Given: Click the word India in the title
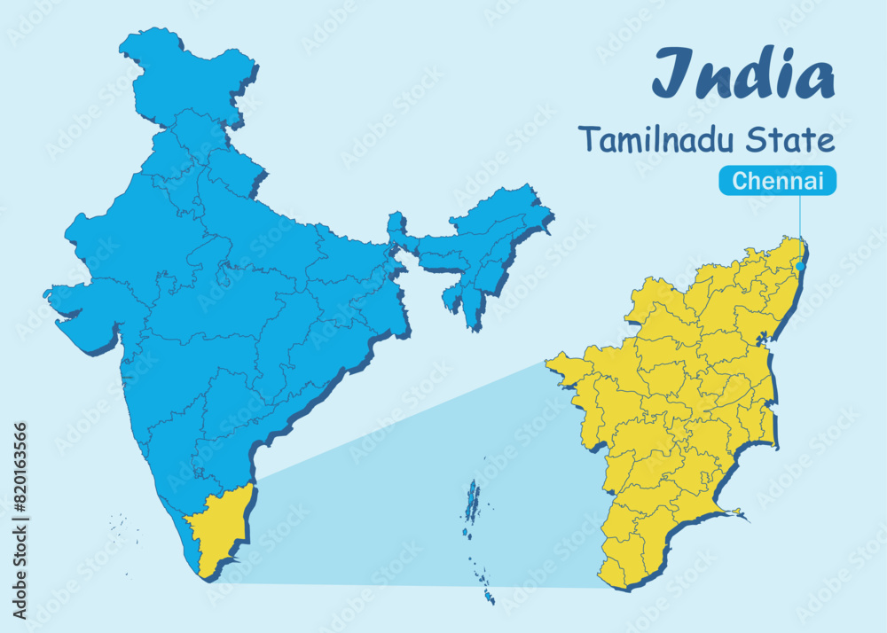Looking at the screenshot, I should [x=743, y=74].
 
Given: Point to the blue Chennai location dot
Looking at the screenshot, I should [x=800, y=265].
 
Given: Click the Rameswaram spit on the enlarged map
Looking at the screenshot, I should [x=734, y=512].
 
